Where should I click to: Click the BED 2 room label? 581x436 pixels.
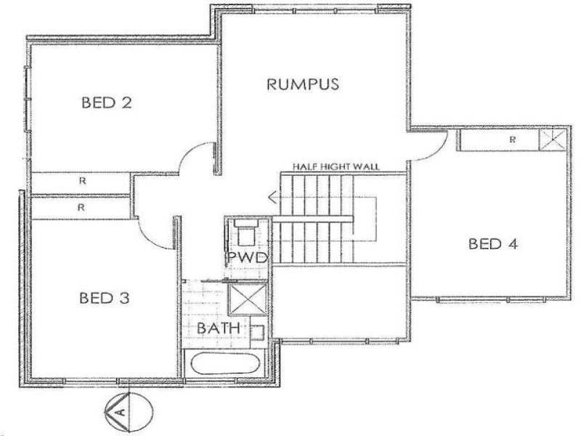point(106,102)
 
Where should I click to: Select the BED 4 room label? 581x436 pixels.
point(493,243)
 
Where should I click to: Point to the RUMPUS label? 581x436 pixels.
point(303,84)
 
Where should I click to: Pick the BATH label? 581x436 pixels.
point(218,328)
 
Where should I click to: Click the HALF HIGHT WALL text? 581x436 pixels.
point(336,166)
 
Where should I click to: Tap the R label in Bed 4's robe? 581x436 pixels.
point(512,138)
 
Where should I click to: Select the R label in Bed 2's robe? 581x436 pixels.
point(82,182)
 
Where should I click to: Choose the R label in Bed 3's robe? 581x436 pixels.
point(82,207)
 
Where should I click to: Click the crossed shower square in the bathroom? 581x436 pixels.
point(245,299)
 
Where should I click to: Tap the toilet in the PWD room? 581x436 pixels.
point(244,235)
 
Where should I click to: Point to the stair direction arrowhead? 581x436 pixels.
point(272,196)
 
